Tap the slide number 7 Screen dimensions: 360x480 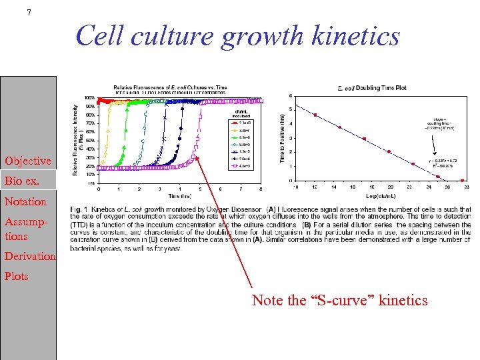(x=29, y=12)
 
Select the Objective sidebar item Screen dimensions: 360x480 (x=27, y=161)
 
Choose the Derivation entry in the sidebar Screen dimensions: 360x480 (x=29, y=256)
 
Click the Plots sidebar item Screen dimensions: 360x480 (x=16, y=276)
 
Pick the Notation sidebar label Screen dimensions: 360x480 (x=25, y=201)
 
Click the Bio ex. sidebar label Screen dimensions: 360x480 (x=22, y=181)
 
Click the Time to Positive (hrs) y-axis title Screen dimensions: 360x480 (x=282, y=137)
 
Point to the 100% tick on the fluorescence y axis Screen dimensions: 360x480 (x=89, y=98)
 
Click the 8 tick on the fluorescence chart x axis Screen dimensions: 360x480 (x=261, y=189)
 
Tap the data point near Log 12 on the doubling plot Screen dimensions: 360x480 (x=315, y=115)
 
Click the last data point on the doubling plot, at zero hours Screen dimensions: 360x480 (x=463, y=180)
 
